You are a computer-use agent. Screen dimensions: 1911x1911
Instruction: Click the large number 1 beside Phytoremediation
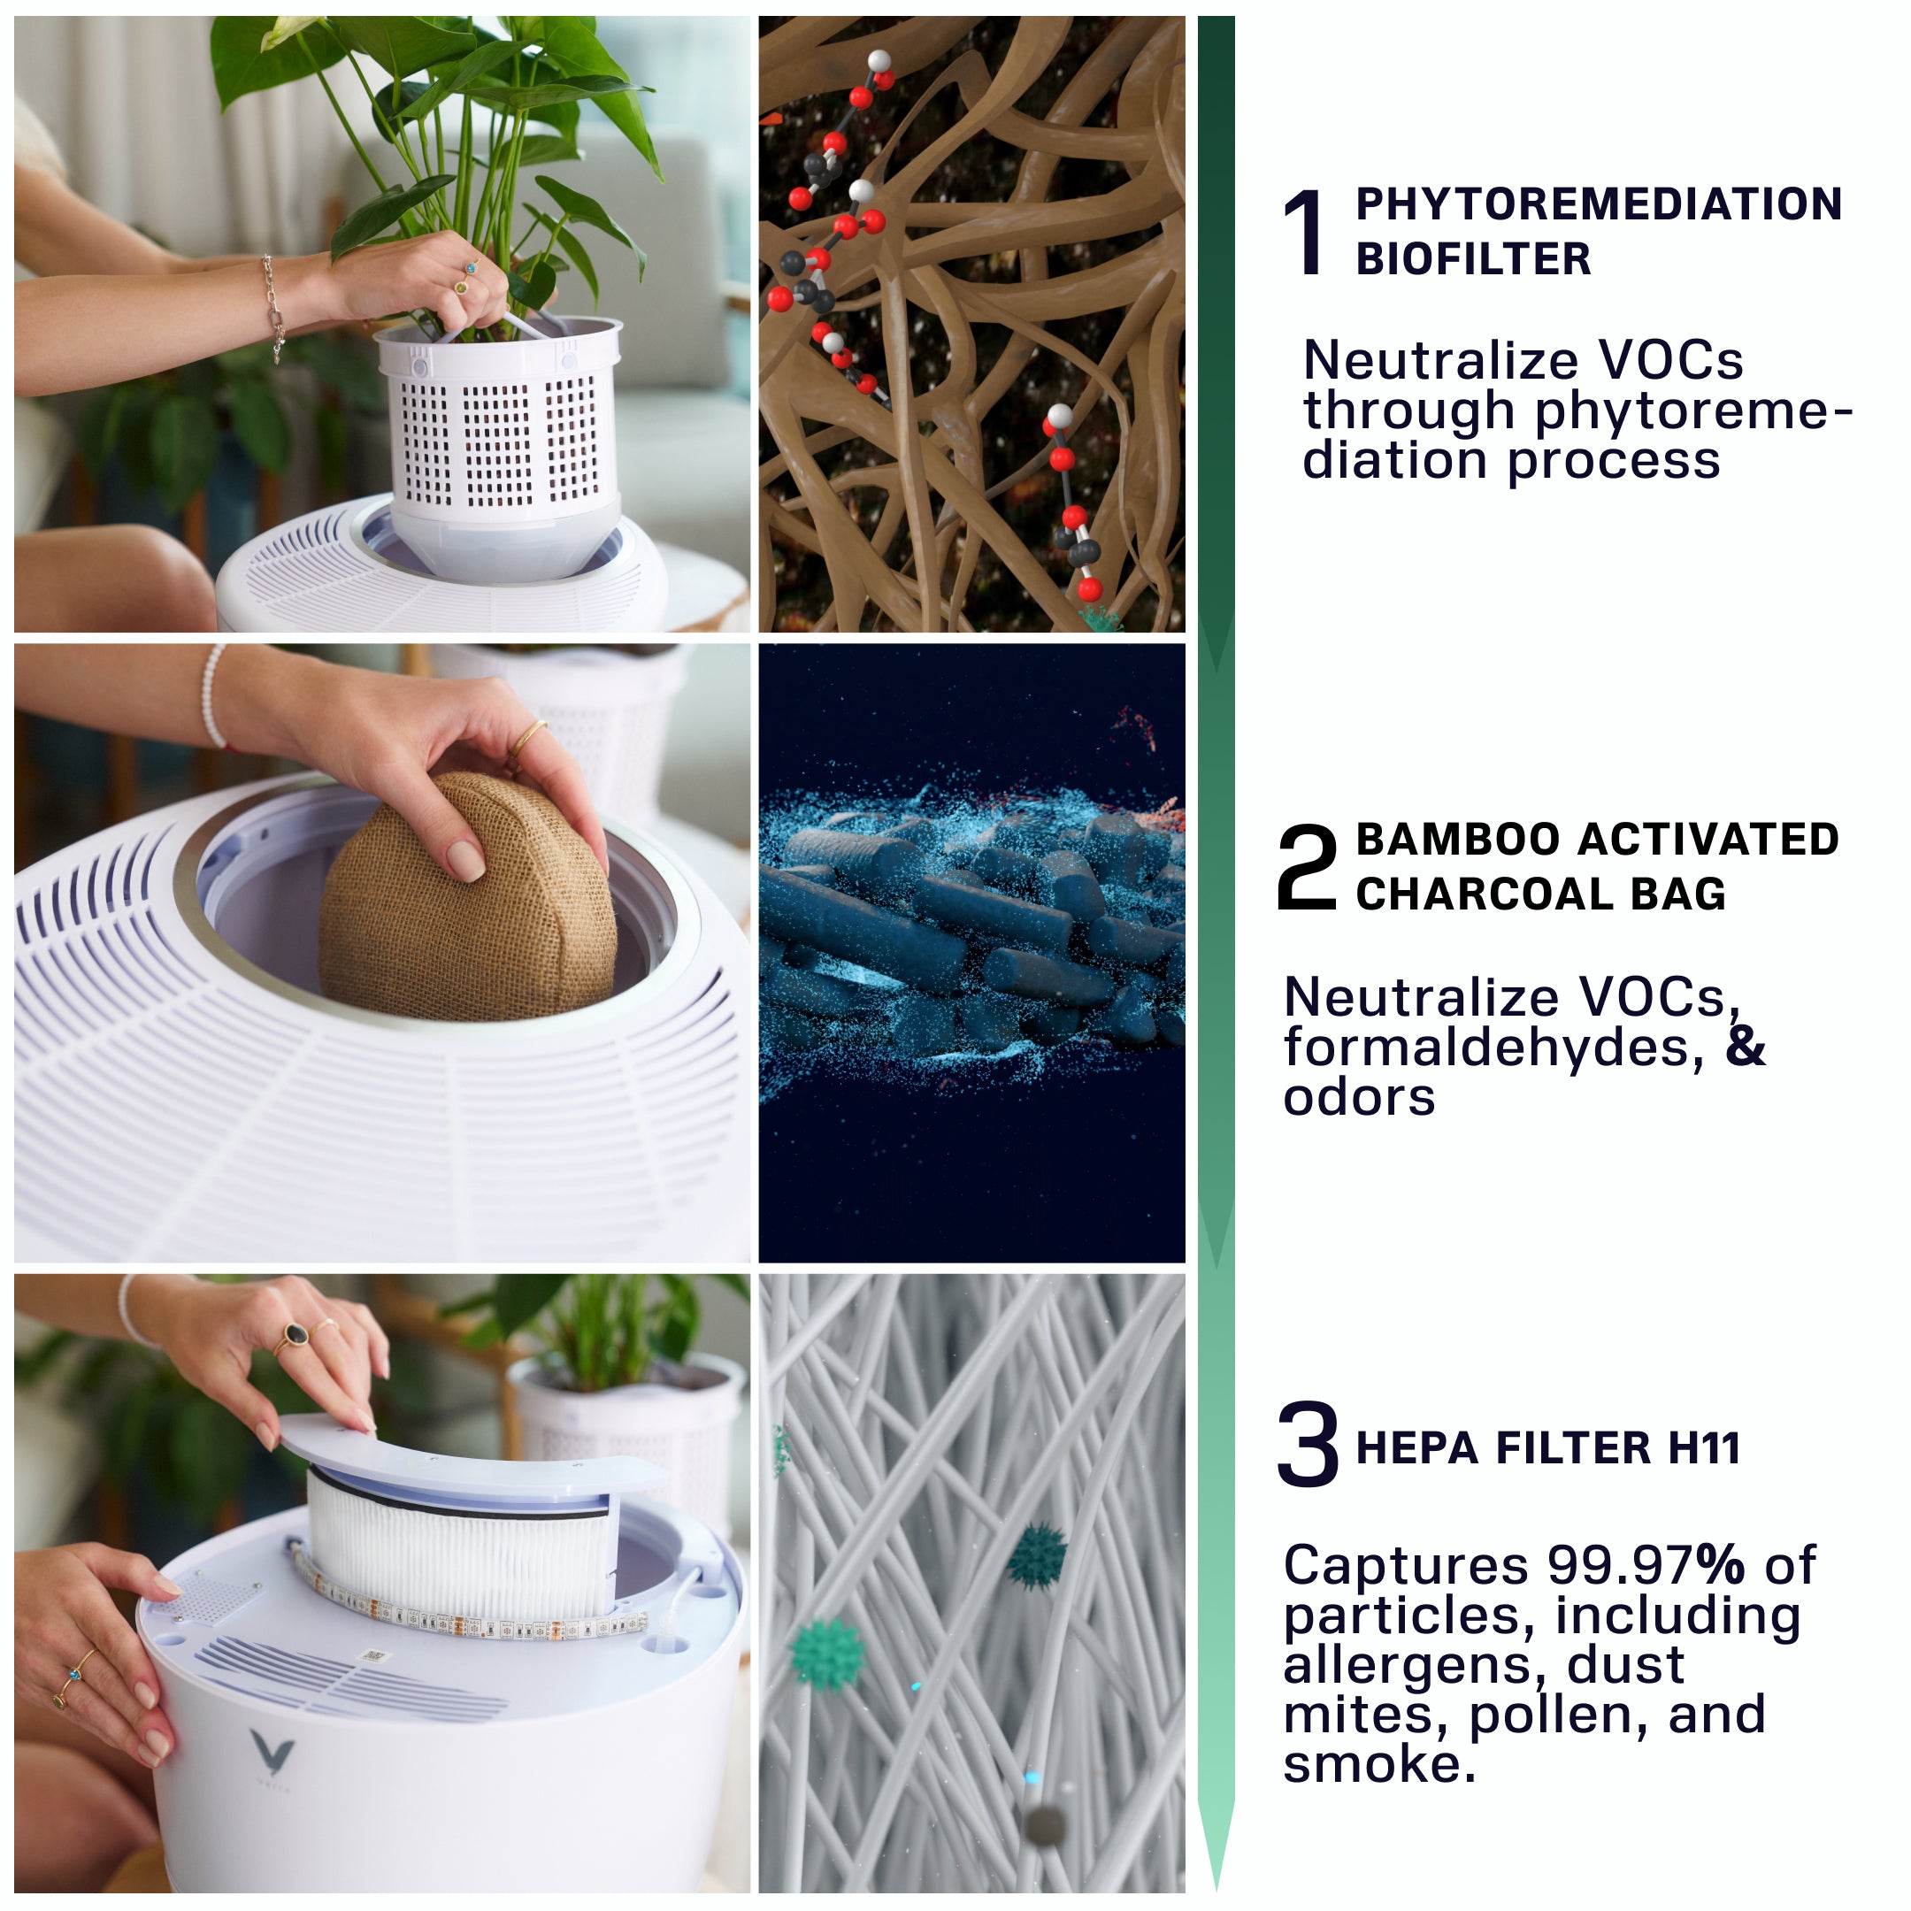pyautogui.click(x=1305, y=233)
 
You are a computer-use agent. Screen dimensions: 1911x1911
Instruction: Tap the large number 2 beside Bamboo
pyautogui.click(x=1306, y=867)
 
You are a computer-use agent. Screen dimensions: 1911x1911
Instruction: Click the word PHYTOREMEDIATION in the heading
pyautogui.click(x=1599, y=204)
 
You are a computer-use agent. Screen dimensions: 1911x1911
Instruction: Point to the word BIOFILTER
pyautogui.click(x=1473, y=259)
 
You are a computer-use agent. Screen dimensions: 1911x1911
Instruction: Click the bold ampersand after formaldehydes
pyautogui.click(x=1746, y=1048)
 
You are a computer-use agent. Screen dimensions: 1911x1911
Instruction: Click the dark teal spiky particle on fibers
pyautogui.click(x=1036, y=1556)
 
